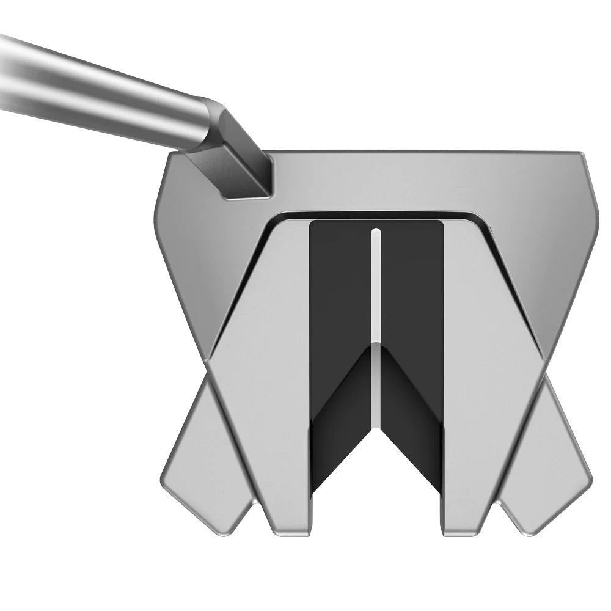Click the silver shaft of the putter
point(92,92)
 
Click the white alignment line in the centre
point(376,287)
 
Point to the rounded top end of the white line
point(376,232)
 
